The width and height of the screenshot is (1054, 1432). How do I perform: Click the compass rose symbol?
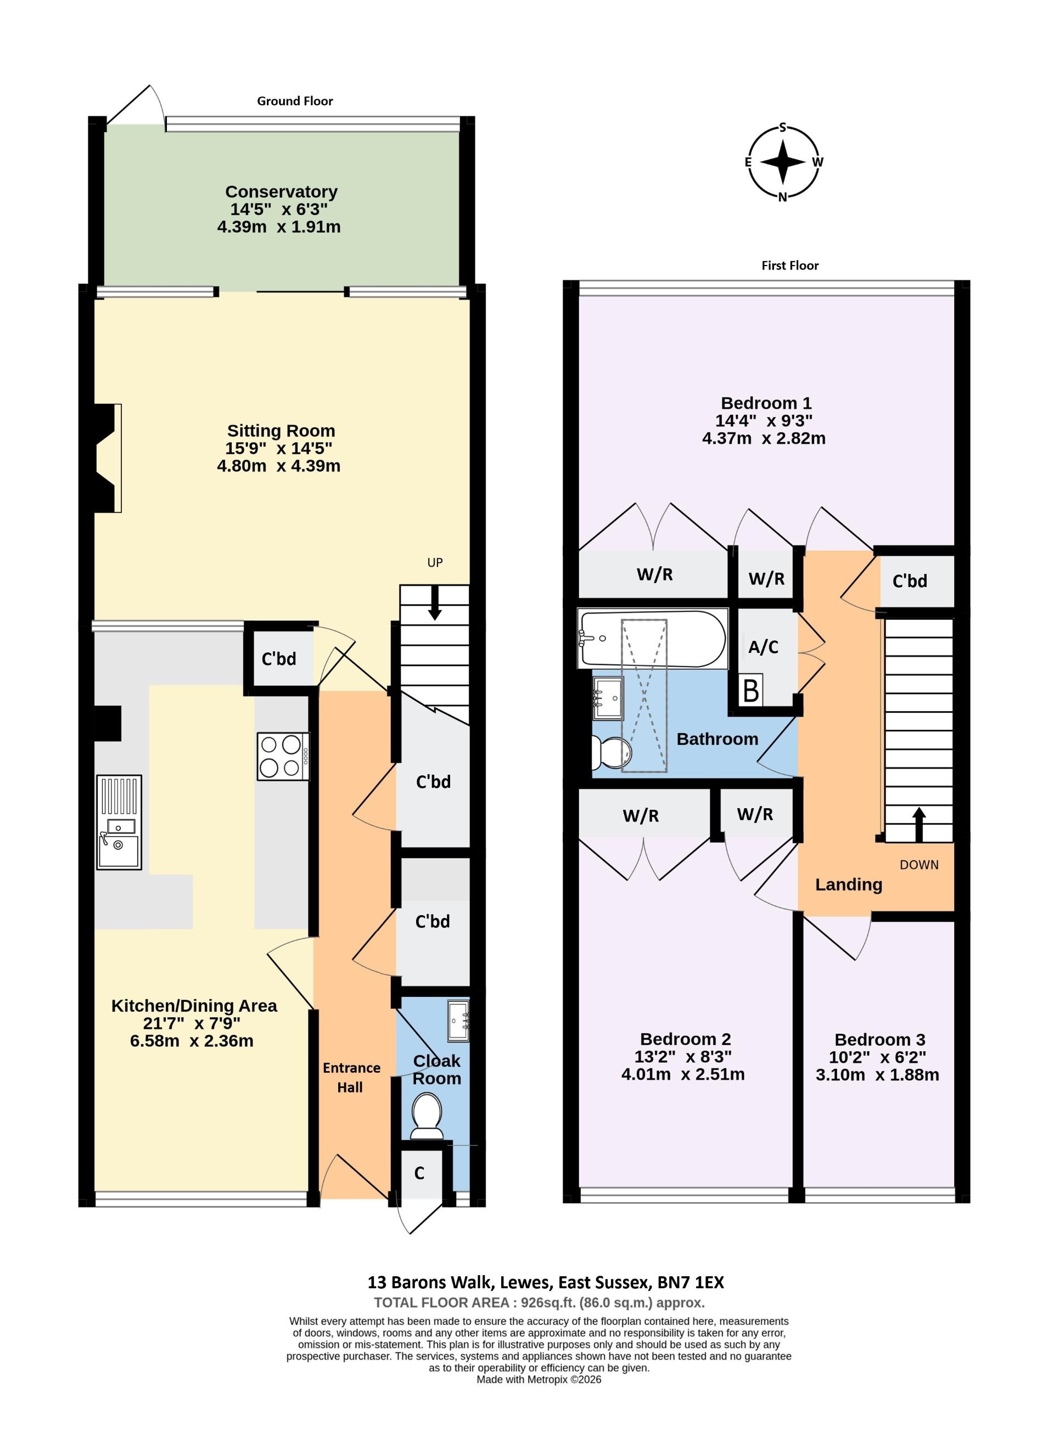[783, 162]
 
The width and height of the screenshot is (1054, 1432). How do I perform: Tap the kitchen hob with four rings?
[283, 756]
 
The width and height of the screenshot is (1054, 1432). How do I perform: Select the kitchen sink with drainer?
[119, 822]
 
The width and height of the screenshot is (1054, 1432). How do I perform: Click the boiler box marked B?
[751, 690]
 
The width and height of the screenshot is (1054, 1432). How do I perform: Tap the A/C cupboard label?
[763, 647]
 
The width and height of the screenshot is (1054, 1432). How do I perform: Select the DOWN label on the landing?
[919, 865]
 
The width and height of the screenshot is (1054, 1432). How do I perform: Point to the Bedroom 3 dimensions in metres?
[877, 1075]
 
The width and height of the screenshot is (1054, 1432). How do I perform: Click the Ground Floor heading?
[295, 101]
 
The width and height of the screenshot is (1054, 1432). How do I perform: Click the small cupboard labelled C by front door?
[419, 1173]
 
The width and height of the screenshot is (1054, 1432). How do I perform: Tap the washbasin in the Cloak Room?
[458, 1019]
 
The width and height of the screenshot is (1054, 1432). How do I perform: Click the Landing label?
[848, 884]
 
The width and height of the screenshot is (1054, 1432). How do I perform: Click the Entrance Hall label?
[350, 1078]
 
